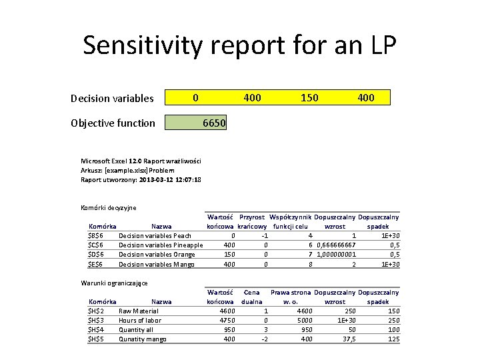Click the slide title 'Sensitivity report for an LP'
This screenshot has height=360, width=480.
coord(239,46)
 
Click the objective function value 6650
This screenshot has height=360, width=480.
coord(214,123)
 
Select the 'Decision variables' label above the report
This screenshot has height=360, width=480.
coord(112,99)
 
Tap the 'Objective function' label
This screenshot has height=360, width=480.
coord(113,123)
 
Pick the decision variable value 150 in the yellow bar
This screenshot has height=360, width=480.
coord(309,98)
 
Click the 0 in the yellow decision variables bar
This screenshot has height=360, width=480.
coord(195,98)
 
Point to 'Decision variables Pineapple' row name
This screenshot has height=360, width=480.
coord(161,245)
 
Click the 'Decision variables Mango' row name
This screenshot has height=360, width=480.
coord(157,264)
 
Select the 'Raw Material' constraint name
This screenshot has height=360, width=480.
coord(139,311)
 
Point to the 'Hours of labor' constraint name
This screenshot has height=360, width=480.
coord(140,320)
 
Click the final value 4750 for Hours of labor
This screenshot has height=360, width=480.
coord(226,320)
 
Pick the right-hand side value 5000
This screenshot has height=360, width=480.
coord(304,320)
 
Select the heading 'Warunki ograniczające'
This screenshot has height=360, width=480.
coord(115,283)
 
